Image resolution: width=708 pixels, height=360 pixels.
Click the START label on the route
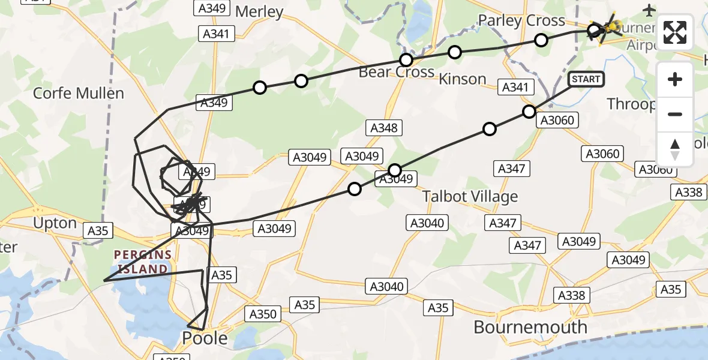pyautogui.click(x=586, y=79)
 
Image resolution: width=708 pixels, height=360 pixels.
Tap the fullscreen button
pyautogui.click(x=675, y=32)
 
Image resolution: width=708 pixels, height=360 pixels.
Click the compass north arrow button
pyautogui.click(x=675, y=149)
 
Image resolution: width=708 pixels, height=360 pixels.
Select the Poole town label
pyautogui.click(x=205, y=338)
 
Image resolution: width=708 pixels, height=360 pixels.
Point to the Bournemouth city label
pyautogui.click(x=530, y=327)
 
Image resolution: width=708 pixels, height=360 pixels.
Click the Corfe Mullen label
pyautogui.click(x=78, y=93)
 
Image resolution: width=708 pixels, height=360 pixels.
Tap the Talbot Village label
pyautogui.click(x=470, y=196)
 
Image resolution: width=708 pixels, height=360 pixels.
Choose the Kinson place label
pyautogui.click(x=462, y=79)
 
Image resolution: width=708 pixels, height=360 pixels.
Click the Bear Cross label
pyautogui.click(x=397, y=72)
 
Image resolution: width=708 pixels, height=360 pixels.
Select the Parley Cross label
pyautogui.click(x=521, y=21)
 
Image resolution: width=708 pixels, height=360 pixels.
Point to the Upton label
pyautogui.click(x=55, y=224)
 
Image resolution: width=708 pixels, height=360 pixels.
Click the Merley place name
pyautogui.click(x=259, y=11)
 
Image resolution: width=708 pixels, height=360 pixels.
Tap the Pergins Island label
pyautogui.click(x=142, y=262)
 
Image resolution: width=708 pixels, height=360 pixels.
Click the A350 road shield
pyautogui.click(x=263, y=313)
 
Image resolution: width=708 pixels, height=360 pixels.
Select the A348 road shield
pyautogui.click(x=384, y=128)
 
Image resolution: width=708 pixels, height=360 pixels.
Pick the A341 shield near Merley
pyautogui.click(x=215, y=34)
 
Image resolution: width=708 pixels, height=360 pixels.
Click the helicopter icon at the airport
pyautogui.click(x=605, y=28)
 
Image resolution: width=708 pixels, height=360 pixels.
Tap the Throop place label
pyautogui.click(x=631, y=104)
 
